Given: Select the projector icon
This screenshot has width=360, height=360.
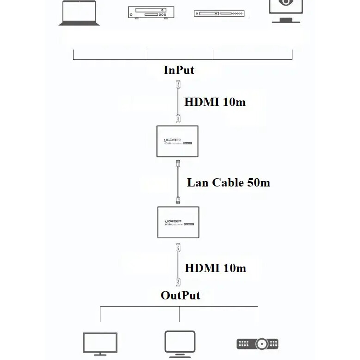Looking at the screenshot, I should click(257, 344).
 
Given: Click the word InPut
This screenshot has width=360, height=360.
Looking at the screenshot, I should click(179, 70).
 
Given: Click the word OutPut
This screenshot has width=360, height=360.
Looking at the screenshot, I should click(180, 295).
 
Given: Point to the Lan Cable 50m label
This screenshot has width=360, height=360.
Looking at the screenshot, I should click(228, 182).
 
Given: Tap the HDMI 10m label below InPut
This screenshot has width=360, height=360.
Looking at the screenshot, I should click(215, 102).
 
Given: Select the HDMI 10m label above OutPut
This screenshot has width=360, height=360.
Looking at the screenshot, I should click(215, 268).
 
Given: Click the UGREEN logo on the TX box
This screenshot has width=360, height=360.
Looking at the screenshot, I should click(174, 140).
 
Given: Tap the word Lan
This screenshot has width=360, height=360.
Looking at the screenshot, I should click(198, 182).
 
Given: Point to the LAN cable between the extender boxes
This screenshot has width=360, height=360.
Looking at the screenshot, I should click(178, 182).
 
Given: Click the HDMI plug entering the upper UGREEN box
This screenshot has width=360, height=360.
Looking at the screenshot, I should click(177, 119).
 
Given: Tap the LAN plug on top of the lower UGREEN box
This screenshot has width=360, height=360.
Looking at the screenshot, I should click(178, 200).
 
